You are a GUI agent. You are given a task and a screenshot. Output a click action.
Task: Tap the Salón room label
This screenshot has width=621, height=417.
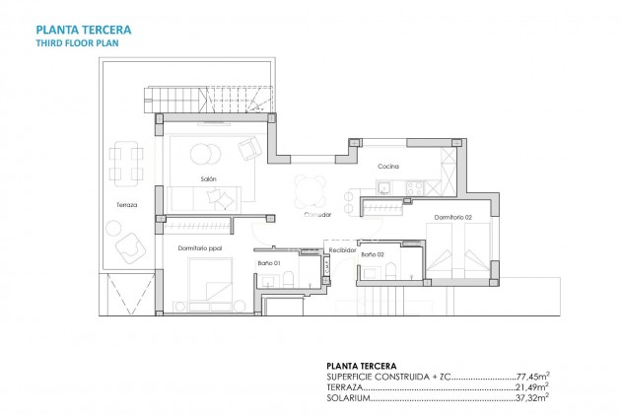click(208, 178)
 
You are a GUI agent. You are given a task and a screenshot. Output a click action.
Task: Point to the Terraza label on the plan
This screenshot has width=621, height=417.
click(124, 204)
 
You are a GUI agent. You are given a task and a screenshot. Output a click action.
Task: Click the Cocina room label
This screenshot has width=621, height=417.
click(386, 166)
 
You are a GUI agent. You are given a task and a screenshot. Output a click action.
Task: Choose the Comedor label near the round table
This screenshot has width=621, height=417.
click(317, 213)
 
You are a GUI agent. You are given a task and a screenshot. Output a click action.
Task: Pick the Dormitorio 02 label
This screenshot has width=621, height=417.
click(452, 216)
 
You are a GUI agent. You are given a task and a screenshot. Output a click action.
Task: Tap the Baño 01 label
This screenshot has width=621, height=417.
click(270, 262)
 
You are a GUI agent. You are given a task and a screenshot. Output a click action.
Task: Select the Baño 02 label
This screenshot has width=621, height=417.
click(372, 255)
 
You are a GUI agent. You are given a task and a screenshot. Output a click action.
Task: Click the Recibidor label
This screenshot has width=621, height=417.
click(342, 250)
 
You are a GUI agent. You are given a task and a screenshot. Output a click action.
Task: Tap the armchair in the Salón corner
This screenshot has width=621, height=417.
click(248, 149)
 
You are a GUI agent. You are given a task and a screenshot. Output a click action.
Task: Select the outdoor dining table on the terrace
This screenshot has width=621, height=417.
click(125, 163)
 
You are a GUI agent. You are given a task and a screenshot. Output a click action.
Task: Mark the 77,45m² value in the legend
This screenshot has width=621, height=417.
click(533, 377)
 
